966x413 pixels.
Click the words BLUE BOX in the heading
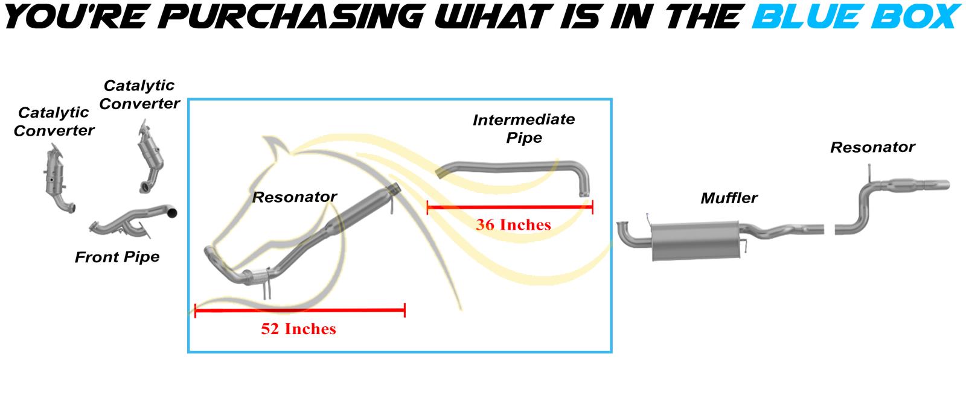click(x=857, y=16)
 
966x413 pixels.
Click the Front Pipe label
click(x=117, y=257)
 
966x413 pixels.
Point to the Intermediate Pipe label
click(x=523, y=128)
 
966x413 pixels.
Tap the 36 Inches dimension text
click(x=513, y=224)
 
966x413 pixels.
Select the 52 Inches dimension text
click(x=298, y=329)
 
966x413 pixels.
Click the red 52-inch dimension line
click(x=299, y=310)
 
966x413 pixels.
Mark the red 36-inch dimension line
click(x=510, y=207)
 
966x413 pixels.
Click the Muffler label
click(x=729, y=198)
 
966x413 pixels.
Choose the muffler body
click(x=695, y=241)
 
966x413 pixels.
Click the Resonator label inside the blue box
click(x=294, y=197)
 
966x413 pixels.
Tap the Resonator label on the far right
click(x=872, y=147)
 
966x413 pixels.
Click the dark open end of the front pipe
click(x=171, y=212)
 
